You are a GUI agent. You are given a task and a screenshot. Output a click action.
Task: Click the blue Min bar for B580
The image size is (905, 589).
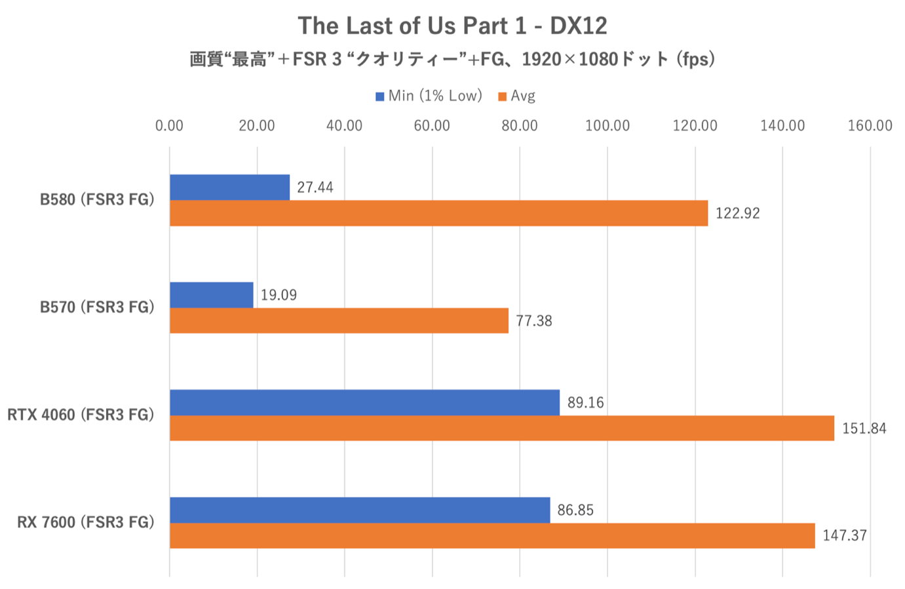pyautogui.click(x=229, y=188)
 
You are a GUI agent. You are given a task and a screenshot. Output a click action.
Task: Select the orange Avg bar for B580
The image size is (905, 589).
pyautogui.click(x=438, y=213)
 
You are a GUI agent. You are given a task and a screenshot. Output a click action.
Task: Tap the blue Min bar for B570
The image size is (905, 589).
pyautogui.click(x=211, y=295)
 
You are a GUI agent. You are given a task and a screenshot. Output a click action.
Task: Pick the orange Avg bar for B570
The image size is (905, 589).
pyautogui.click(x=339, y=321)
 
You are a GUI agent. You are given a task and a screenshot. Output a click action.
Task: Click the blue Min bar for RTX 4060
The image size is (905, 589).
pyautogui.click(x=364, y=402)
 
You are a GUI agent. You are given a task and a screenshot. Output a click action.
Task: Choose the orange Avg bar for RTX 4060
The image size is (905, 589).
pyautogui.click(x=501, y=428)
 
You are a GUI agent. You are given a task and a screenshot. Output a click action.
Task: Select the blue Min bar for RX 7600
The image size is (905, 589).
pyautogui.click(x=360, y=510)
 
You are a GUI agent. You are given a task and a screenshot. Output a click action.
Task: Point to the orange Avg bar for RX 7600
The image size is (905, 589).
pyautogui.click(x=491, y=535)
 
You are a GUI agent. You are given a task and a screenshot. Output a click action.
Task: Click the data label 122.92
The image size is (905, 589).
pyautogui.click(x=737, y=214)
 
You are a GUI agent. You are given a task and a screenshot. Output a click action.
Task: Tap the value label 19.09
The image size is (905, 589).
pyautogui.click(x=279, y=295)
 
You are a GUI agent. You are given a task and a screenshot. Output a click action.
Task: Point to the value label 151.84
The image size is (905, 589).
pyautogui.click(x=864, y=429)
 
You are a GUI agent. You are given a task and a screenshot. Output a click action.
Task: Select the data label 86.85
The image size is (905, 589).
pyautogui.click(x=575, y=510)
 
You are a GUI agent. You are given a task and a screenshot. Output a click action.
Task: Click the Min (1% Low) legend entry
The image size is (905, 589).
pyautogui.click(x=429, y=96)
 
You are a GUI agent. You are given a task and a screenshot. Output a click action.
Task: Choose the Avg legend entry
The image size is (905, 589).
pyautogui.click(x=517, y=96)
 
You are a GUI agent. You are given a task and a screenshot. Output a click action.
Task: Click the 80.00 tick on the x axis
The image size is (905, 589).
pyautogui.click(x=519, y=126)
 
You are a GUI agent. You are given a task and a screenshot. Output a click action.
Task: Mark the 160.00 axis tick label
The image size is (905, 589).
pyautogui.click(x=870, y=126)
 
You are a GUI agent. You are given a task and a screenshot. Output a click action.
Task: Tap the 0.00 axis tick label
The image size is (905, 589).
pyautogui.click(x=170, y=126)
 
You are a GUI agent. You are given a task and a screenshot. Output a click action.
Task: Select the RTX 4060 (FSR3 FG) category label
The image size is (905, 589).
pyautogui.click(x=81, y=415)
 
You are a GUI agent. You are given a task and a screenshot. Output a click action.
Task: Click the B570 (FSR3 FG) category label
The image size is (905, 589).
pyautogui.click(x=97, y=308)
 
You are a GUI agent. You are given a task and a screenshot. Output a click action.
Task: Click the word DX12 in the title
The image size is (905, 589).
pyautogui.click(x=578, y=26)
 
